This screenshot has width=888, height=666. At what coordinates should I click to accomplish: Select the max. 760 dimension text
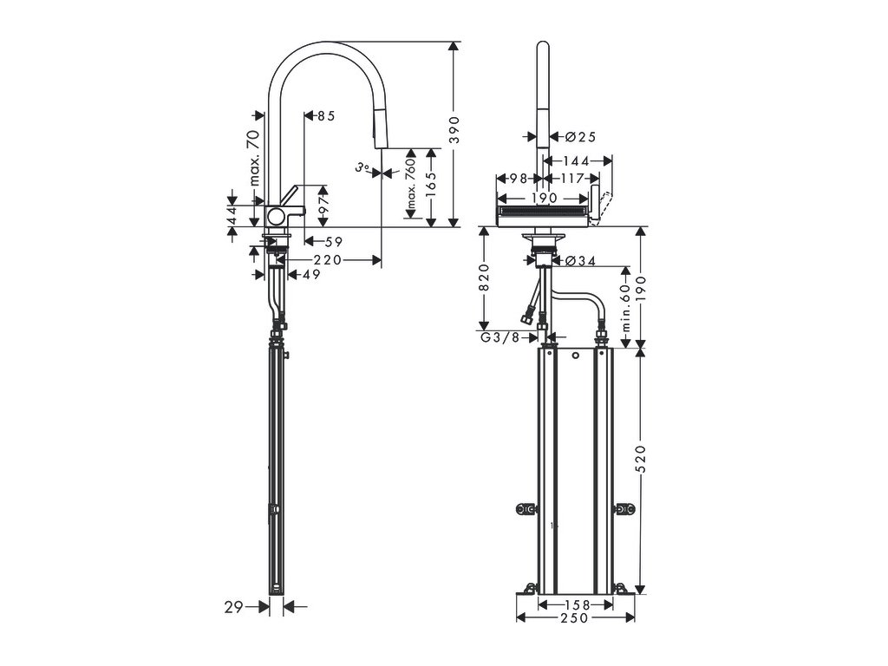tap(410, 186)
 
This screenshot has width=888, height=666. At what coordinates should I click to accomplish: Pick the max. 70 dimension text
tap(254, 157)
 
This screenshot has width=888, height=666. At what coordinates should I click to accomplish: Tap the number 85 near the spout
tap(325, 115)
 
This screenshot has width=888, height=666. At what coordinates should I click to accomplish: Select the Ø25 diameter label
tap(580, 136)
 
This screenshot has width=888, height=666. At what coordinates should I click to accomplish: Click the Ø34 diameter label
tap(580, 259)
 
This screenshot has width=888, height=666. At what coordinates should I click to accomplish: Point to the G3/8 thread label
tap(500, 337)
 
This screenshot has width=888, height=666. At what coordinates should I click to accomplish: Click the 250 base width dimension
tap(573, 617)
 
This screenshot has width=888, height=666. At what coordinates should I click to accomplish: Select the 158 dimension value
tap(577, 604)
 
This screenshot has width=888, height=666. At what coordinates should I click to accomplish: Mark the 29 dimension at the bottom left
tap(233, 608)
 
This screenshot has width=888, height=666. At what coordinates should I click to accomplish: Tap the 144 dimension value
tap(576, 161)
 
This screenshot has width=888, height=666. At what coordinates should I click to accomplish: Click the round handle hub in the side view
tap(277, 216)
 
